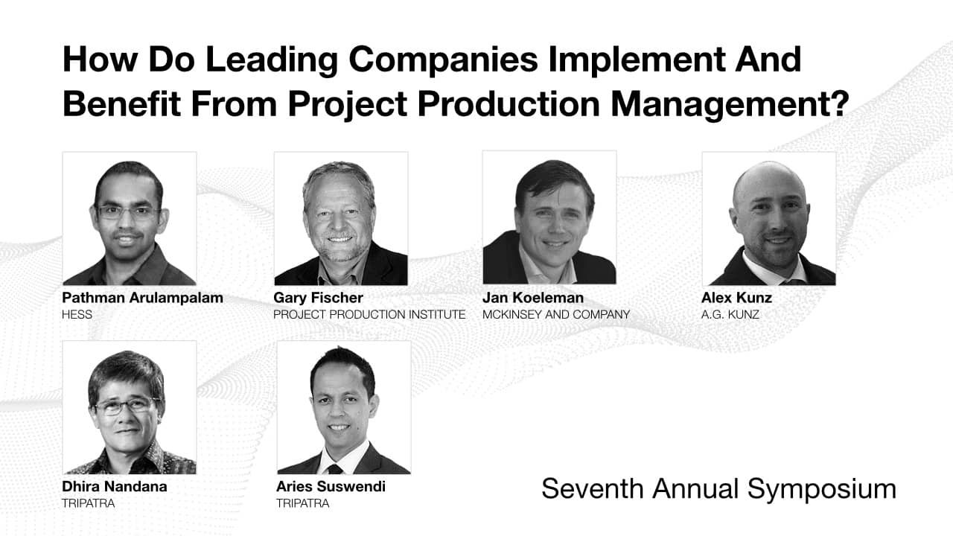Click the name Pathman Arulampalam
tap(142, 298)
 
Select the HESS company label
tap(77, 315)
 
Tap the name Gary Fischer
tap(318, 298)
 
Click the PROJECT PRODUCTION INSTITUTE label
tap(369, 315)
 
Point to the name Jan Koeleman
tap(533, 298)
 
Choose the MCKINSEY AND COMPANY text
tap(556, 315)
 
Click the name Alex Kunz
tap(737, 298)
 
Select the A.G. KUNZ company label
tap(730, 315)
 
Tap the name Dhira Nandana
tap(115, 487)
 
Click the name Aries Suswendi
tap(331, 487)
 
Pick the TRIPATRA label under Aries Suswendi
tap(303, 504)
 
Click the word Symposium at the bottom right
tap(822, 489)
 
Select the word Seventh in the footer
tap(592, 488)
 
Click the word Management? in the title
tap(730, 105)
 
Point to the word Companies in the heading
tap(443, 61)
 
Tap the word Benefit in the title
tap(121, 103)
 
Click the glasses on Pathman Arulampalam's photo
tap(129, 212)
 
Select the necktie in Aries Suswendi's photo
tap(335, 469)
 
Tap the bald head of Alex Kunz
tap(768, 179)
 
